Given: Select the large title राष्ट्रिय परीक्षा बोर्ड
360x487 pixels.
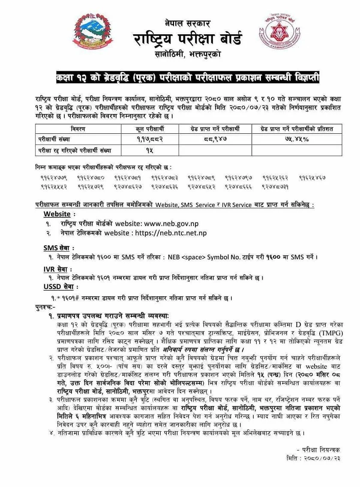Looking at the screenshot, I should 187,39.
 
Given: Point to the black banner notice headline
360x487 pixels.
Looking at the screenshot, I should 187,78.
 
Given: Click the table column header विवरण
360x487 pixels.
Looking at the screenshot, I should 78,129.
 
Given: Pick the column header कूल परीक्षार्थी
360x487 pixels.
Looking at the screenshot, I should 149,129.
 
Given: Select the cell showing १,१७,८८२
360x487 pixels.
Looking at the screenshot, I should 149,139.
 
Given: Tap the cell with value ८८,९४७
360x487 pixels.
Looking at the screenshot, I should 215,139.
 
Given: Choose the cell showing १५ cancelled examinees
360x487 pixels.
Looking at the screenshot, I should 149,150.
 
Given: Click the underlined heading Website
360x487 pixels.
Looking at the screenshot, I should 57,214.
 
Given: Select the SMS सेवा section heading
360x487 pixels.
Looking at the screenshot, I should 59,248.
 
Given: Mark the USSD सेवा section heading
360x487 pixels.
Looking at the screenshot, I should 60,286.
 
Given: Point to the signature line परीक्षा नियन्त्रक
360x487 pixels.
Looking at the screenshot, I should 321,450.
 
